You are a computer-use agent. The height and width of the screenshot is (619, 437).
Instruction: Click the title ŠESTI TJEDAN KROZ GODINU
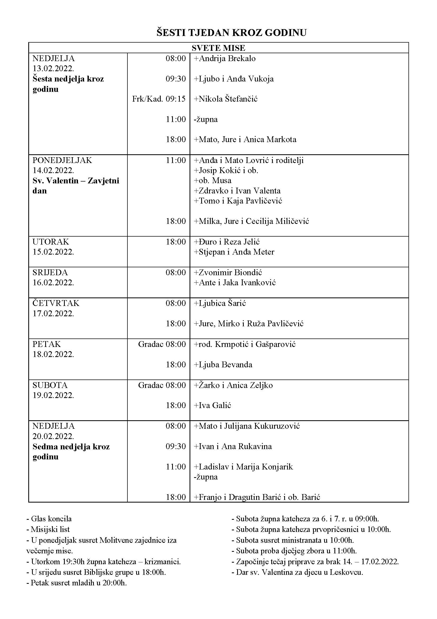tap(232, 33)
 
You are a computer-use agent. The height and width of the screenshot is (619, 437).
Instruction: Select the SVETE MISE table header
tap(218, 48)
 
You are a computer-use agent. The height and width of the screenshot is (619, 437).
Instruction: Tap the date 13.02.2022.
tap(53, 69)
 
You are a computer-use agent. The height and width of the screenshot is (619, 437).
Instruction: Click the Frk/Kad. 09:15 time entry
tap(159, 99)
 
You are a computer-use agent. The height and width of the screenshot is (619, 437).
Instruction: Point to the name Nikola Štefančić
tap(226, 99)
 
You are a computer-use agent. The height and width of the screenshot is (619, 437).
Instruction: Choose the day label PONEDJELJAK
tap(62, 160)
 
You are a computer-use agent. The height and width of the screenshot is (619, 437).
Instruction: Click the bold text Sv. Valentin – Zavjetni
tap(76, 181)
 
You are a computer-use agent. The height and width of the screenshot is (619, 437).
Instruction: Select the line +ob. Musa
tap(213, 180)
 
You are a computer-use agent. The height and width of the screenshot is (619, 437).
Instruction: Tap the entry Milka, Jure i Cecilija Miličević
tap(251, 221)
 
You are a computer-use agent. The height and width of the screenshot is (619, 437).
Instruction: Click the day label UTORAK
tap(50, 242)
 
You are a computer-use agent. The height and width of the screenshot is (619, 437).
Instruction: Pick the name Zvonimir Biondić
tap(228, 273)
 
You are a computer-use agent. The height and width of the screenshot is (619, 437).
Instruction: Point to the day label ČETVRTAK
tap(56, 303)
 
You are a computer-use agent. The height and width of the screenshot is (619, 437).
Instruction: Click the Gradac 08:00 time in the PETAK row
tap(162, 344)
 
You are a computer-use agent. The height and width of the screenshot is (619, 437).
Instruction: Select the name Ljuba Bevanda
tap(223, 365)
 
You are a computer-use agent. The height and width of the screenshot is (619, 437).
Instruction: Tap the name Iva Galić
tap(213, 405)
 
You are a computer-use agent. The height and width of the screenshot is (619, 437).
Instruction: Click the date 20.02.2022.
tap(53, 436)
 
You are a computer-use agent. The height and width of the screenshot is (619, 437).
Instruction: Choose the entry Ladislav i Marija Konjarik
tap(243, 467)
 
